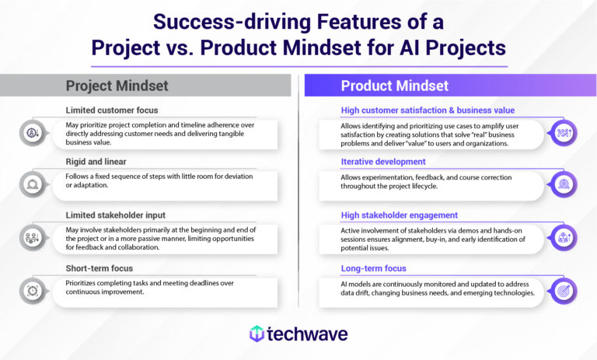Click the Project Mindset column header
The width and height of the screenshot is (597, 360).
coord(117,86)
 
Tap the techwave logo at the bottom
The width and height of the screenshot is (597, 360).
coord(298,334)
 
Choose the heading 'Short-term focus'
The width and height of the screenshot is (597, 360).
coord(99,269)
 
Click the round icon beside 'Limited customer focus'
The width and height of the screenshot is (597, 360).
coord(33,131)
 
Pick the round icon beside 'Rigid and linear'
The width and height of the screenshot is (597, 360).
coord(33,183)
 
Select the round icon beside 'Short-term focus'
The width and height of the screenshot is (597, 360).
coord(33,290)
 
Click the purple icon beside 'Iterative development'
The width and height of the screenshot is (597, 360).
coord(563,183)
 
